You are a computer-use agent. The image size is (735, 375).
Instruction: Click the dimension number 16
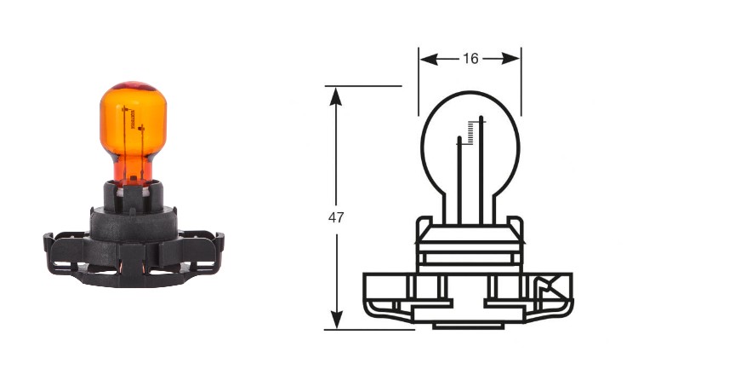tap(470, 59)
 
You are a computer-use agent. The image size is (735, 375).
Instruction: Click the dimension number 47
tap(336, 217)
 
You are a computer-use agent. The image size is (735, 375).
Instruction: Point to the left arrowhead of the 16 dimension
tap(429, 59)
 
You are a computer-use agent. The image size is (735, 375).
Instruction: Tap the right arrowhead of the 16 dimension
tap(510, 59)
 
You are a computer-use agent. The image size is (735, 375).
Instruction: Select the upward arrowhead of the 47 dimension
tap(336, 96)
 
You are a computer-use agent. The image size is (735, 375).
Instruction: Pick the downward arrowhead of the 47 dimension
tap(336, 319)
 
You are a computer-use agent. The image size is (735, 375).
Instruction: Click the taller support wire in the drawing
tap(481, 170)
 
